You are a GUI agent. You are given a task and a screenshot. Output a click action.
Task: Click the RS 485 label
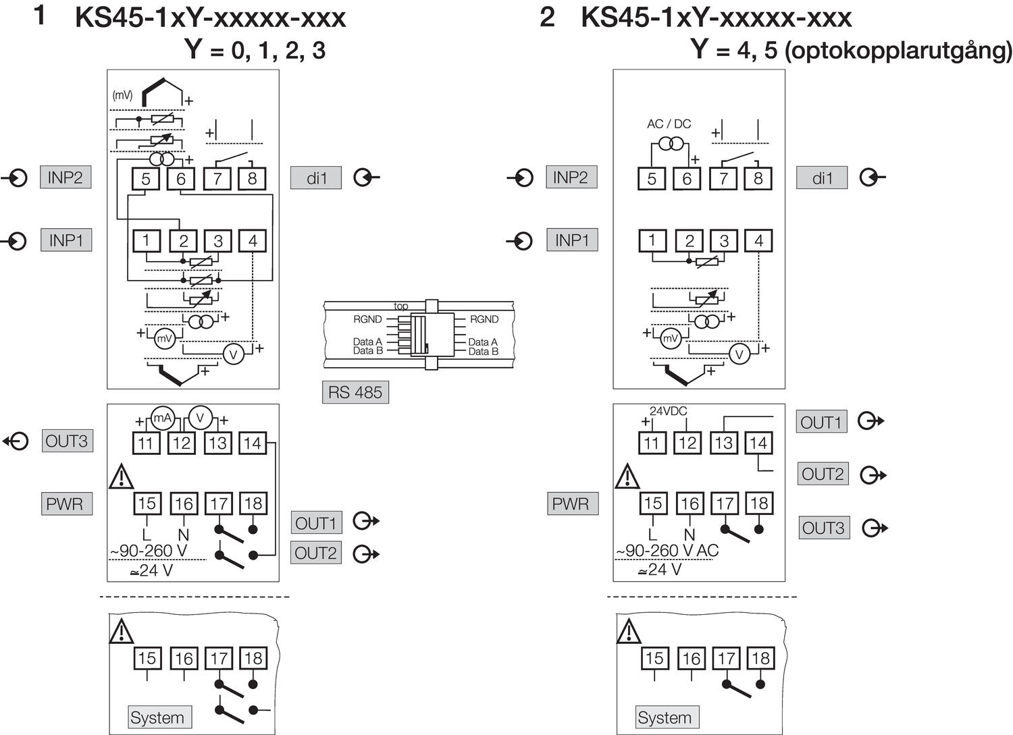(355, 392)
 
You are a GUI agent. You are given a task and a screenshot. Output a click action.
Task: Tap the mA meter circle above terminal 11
(163, 418)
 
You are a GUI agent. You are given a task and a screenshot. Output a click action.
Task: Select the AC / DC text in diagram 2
(669, 124)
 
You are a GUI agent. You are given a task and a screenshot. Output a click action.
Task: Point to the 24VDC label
(668, 411)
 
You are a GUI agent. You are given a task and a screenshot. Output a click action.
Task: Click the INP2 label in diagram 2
(571, 178)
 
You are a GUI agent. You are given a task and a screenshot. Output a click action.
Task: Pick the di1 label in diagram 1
(316, 178)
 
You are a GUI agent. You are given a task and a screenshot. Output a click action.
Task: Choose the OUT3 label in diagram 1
(66, 441)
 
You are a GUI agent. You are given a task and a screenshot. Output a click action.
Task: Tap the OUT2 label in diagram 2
(823, 474)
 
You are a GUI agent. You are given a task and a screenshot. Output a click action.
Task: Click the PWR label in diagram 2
(571, 503)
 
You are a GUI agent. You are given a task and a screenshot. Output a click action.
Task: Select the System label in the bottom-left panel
(157, 717)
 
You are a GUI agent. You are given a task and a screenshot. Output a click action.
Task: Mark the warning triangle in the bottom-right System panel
(628, 632)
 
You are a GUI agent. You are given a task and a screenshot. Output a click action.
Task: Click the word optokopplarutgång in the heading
(898, 51)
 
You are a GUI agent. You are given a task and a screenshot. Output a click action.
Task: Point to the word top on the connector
(401, 306)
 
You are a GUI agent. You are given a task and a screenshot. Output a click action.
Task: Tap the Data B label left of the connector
(367, 351)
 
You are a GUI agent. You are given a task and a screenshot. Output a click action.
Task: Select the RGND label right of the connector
(484, 319)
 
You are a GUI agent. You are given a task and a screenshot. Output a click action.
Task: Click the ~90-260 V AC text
(667, 551)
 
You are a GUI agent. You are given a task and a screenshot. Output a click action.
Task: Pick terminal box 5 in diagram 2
(652, 179)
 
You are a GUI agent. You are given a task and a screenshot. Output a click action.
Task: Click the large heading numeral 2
(547, 17)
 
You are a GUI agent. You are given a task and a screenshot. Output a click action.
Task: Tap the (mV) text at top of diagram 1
(122, 96)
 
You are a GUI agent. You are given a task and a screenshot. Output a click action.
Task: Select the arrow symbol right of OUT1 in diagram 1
(367, 522)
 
